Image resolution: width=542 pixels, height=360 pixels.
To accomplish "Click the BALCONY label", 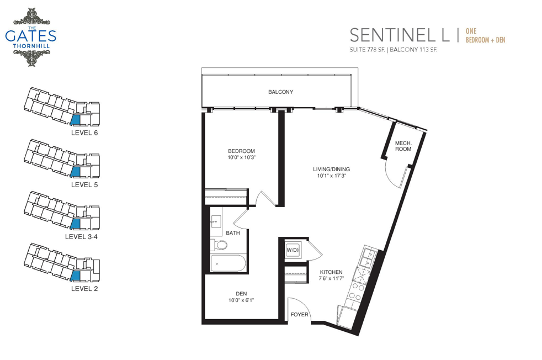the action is (281, 92).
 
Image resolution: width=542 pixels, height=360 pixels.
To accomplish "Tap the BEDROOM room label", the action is (241, 151).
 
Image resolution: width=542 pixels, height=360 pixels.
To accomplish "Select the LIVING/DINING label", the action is (332, 169).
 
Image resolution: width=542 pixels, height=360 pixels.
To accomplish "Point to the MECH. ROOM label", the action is (403, 146).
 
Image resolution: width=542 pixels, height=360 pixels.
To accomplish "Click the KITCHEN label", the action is (331, 272).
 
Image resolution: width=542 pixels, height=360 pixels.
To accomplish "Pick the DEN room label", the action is (241, 294).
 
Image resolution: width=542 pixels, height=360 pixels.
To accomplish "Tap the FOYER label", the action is (299, 315).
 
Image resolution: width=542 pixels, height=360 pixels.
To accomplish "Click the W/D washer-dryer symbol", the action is (293, 250).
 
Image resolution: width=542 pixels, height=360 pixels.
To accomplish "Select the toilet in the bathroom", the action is (219, 245).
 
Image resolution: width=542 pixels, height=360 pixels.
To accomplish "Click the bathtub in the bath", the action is (228, 263).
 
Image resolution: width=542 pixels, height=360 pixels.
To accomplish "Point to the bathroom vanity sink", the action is (216, 221).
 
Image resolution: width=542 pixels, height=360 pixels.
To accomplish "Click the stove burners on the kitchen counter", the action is (357, 292).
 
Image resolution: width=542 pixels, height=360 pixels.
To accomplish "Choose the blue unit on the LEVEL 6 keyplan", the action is (76, 120).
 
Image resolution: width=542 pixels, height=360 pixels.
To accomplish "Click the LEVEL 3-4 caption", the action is (81, 237).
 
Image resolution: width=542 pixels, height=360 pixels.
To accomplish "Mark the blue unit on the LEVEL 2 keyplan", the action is (76, 276).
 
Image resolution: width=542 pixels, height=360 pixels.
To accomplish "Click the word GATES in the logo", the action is (31, 36).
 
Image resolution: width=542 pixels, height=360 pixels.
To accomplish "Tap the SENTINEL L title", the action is (400, 35).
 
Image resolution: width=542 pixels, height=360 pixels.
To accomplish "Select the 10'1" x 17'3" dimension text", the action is (332, 176).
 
